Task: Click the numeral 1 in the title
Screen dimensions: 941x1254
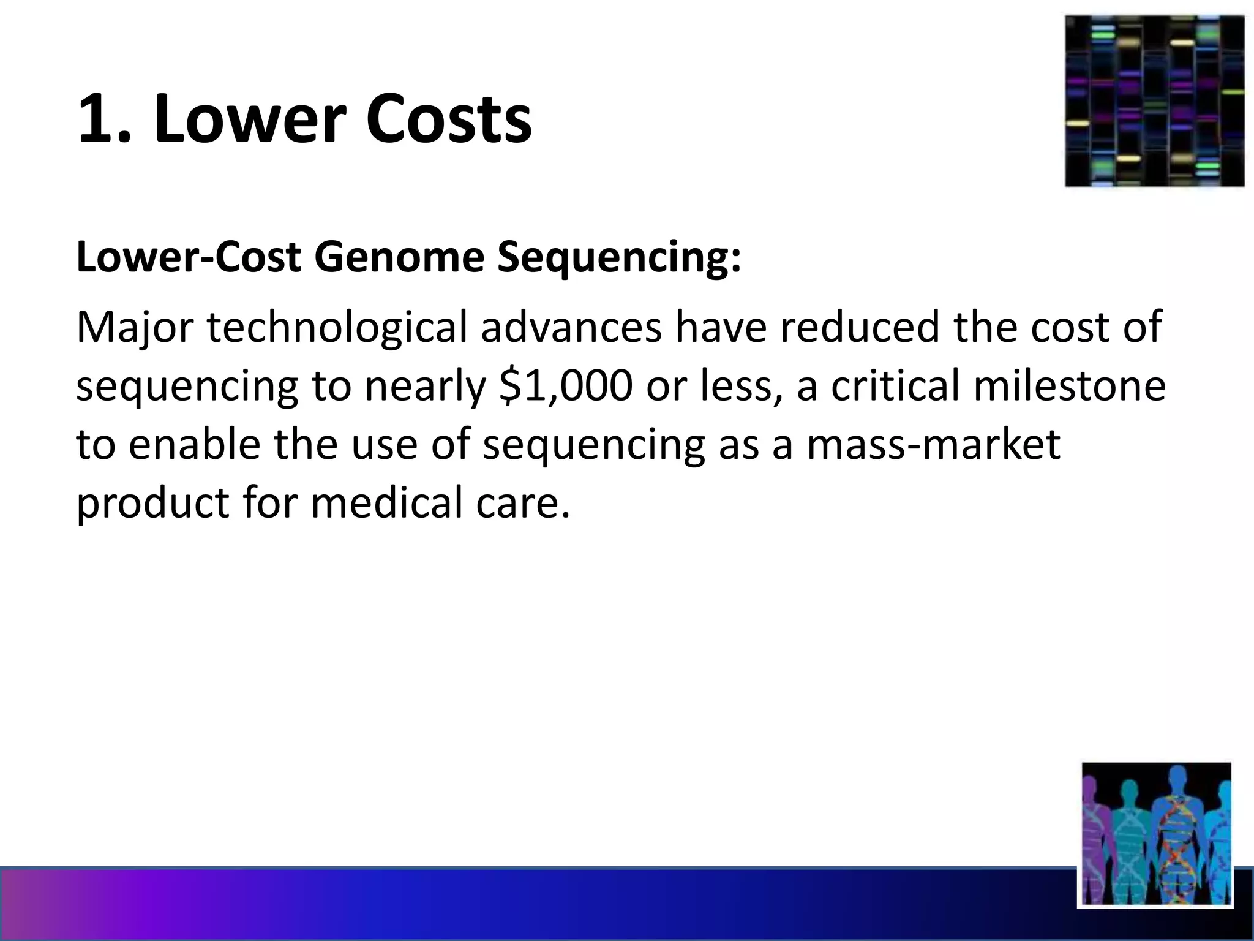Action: (x=98, y=119)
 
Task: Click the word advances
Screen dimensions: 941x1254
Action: (x=571, y=327)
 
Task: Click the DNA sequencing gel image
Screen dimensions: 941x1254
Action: (x=1154, y=101)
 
